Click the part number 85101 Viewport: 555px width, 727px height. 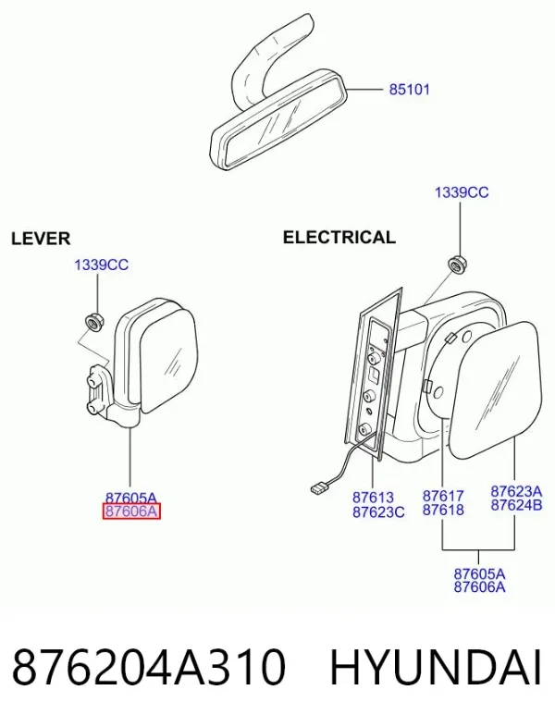(409, 89)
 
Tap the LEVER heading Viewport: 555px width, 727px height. (41, 239)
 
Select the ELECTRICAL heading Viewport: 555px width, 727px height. (339, 237)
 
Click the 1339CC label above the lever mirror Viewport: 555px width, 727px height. (101, 265)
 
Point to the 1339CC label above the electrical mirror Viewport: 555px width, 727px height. (462, 192)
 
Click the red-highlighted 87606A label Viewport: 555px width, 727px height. (131, 511)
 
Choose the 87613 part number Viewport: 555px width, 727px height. (373, 498)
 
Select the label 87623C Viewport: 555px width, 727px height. (378, 511)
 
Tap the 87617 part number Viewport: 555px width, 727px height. (443, 496)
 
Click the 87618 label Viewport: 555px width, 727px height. (443, 510)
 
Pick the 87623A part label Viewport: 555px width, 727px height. (516, 490)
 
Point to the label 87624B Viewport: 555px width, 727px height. (516, 504)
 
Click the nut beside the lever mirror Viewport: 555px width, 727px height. (95, 322)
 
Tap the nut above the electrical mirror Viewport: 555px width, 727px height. (458, 264)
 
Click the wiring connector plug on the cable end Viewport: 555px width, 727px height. (320, 488)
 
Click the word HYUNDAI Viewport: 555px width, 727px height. (435, 667)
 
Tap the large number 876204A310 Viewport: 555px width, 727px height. (148, 667)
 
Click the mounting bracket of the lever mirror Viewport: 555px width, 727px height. (98, 389)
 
